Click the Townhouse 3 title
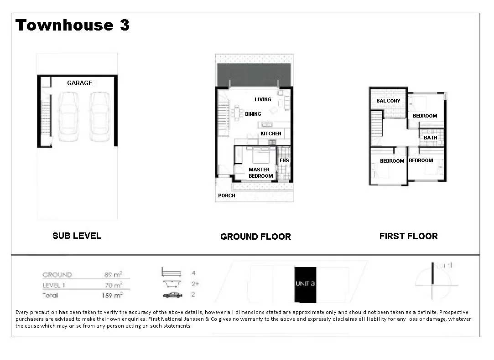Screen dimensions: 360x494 point(73,25)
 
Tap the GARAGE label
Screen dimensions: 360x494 point(79,83)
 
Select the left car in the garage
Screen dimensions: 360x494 point(69,117)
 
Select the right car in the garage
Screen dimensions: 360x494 point(99,117)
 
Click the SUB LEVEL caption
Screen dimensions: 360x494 point(77,236)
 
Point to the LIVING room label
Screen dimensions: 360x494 point(263,99)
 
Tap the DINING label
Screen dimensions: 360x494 point(253,114)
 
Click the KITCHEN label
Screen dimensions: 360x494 point(271,134)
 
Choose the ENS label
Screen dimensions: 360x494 point(284,160)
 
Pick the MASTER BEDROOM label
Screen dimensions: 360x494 point(260,173)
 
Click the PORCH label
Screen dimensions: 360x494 point(227,195)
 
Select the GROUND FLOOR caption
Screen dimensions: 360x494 point(255,237)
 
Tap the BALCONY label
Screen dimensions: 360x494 point(388,101)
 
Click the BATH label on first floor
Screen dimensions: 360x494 point(430,138)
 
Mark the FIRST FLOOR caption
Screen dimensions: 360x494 point(408,236)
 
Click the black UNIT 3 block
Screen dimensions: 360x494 point(305,284)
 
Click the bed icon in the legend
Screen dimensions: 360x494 point(172,273)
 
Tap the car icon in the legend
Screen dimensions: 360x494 point(172,295)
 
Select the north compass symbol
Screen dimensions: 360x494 point(432,281)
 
